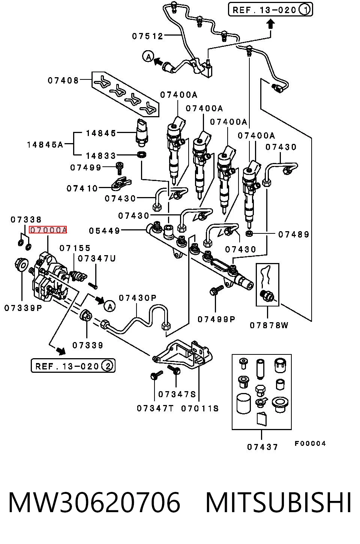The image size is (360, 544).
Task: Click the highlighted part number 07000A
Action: coord(48,230)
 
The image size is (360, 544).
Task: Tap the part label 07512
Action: coord(147,36)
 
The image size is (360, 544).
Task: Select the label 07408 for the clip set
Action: coord(63,80)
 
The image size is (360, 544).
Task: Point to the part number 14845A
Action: coord(45,145)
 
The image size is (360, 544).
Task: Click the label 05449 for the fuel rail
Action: coord(105,230)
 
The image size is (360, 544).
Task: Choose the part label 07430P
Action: coord(138,298)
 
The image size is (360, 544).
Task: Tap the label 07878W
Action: coord(269,325)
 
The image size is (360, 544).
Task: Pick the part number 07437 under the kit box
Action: coord(262,447)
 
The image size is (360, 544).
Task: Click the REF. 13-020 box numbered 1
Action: coord(270,10)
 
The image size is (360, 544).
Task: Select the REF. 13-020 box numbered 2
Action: coord(73,366)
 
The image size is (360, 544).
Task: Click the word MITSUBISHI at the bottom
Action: coord(278,502)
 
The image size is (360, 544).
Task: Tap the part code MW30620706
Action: coord(94,502)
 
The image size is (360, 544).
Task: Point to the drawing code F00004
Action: coord(310,444)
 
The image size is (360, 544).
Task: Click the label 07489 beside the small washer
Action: coord(294,235)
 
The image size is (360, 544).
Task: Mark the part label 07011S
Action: coord(200,408)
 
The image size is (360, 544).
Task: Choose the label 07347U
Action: coord(96,259)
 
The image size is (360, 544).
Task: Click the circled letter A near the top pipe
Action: coord(148,57)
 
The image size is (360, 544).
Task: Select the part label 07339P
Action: coord(23,308)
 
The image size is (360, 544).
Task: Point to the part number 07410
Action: coord(82,188)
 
